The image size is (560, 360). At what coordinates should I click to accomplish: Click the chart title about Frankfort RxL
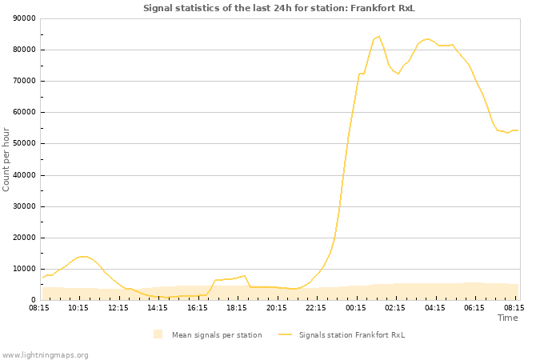tap(279, 8)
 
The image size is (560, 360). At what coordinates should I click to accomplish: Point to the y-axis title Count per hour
tap(7, 158)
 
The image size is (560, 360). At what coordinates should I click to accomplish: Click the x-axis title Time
tap(507, 318)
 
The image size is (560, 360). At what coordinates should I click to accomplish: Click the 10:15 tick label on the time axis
tap(78, 307)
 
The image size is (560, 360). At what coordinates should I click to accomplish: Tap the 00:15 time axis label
tap(356, 307)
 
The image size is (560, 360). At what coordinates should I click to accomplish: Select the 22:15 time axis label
tap(316, 307)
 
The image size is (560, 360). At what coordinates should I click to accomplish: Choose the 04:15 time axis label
tap(435, 307)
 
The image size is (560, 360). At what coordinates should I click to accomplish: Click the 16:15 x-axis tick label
tap(198, 307)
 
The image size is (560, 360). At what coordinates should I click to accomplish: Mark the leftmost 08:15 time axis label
tap(39, 307)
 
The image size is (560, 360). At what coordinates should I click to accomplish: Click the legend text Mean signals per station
tap(217, 334)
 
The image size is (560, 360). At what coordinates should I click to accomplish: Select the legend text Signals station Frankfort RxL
tap(352, 334)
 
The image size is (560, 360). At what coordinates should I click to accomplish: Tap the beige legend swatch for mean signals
tap(158, 334)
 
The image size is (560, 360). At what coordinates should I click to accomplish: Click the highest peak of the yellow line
tap(379, 36)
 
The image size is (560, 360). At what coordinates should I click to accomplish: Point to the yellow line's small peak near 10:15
tap(82, 256)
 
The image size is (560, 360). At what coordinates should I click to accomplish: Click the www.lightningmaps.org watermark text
tap(46, 354)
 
